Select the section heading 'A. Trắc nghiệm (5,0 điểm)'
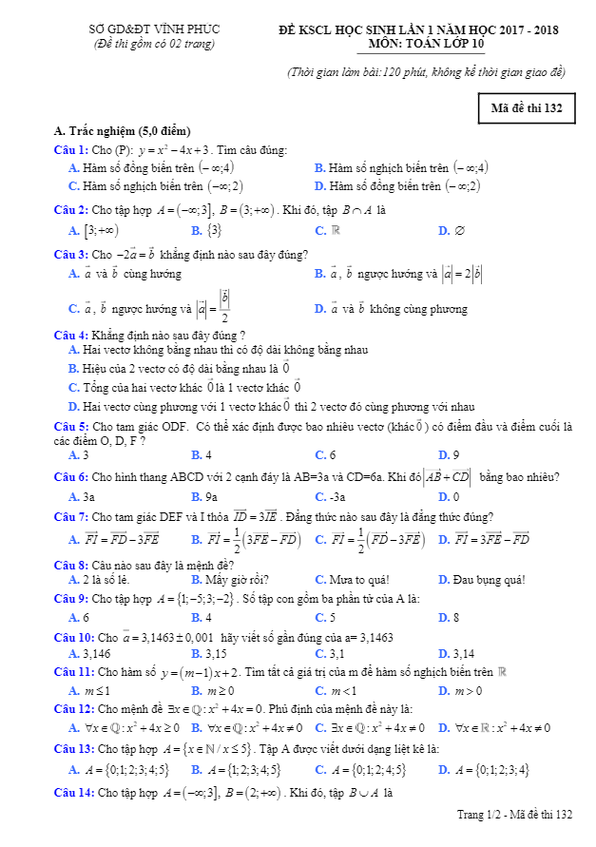tap(123, 130)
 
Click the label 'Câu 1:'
tap(71, 150)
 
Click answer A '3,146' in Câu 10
tap(90, 654)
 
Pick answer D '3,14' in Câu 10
tap(456, 654)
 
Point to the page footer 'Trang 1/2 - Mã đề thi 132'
tap(514, 815)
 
